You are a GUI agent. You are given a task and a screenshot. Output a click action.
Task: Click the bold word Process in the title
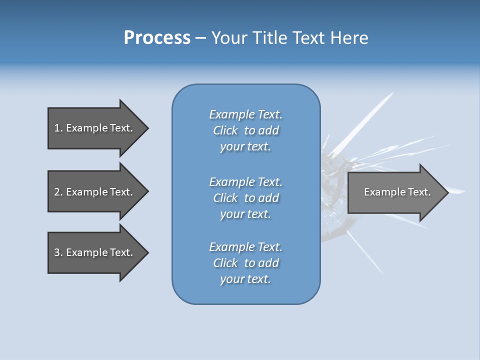click(x=157, y=38)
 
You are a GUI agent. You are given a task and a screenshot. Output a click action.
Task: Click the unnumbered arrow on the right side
click(x=395, y=192)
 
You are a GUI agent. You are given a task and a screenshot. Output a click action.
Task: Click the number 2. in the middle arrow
click(x=58, y=192)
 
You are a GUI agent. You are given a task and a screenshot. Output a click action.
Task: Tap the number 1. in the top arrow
click(x=58, y=128)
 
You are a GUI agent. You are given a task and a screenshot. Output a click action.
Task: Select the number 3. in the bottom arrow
click(x=58, y=252)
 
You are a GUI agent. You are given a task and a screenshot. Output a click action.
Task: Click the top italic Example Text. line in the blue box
click(x=245, y=114)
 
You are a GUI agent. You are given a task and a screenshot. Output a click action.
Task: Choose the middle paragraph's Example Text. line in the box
click(x=245, y=182)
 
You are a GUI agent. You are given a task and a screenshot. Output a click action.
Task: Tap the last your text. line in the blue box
click(x=245, y=279)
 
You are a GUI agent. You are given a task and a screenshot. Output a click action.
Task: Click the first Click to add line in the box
click(x=245, y=130)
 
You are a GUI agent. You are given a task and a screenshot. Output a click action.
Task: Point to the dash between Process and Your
click(x=200, y=38)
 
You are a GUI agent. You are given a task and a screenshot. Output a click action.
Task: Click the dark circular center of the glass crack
click(x=334, y=172)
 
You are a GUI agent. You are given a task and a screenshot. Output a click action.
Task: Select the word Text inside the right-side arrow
click(x=419, y=192)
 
